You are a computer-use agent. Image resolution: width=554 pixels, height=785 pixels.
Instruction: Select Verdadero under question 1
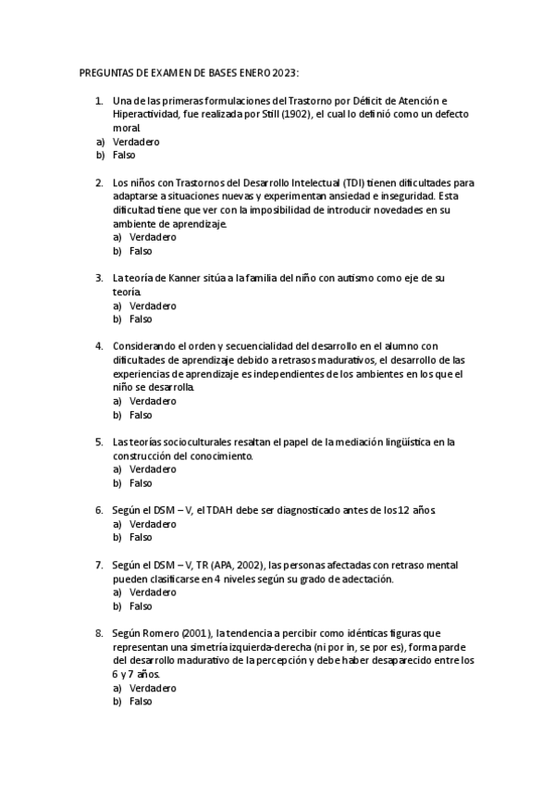136,142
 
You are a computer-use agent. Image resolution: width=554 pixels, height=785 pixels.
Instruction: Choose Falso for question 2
141,251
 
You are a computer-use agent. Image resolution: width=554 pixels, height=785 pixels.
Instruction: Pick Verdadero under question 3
153,305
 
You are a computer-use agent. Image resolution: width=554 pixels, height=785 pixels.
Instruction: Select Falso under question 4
141,415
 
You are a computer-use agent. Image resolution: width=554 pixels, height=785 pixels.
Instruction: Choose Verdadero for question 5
153,469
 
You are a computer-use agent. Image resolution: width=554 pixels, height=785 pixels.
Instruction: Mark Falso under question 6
141,537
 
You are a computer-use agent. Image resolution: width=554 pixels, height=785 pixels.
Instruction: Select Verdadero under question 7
153,592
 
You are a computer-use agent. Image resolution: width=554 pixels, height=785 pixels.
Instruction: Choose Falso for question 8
141,702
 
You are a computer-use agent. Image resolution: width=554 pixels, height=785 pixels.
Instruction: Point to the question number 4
99,346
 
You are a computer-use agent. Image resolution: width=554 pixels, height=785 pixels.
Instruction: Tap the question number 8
99,633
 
